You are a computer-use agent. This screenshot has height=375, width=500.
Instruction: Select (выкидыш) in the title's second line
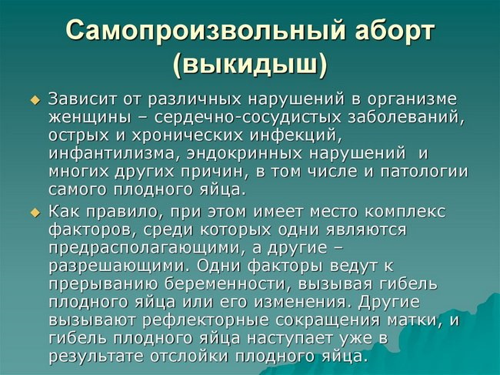point(249,64)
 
